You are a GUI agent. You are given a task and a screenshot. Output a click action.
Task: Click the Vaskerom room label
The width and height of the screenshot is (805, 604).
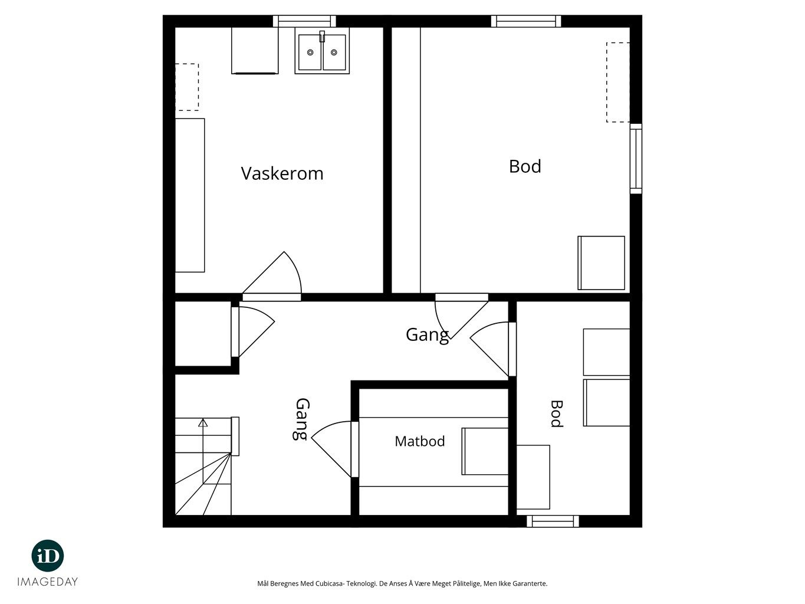282,173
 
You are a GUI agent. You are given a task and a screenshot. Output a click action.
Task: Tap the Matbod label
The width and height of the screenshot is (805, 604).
419,441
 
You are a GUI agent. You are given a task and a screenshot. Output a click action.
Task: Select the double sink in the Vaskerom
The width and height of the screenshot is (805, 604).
322,52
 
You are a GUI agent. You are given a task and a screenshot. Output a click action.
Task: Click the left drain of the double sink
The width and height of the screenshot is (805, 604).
310,52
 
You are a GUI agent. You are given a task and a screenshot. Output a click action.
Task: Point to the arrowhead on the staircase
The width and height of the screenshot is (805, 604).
203,422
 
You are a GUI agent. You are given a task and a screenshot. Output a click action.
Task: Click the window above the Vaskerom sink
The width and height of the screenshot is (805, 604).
304,21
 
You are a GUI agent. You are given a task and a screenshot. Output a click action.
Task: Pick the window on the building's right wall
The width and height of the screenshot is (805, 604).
636,159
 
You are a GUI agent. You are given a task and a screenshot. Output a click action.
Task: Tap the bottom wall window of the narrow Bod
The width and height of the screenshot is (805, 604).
553,521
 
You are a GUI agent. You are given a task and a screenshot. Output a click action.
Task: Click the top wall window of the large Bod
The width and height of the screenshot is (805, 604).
526,21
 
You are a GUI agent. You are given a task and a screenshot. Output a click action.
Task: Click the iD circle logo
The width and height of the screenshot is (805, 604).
48,556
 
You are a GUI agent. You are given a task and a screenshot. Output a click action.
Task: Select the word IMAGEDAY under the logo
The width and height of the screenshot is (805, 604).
48,582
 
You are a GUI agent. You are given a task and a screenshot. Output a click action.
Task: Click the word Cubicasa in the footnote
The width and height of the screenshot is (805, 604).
329,583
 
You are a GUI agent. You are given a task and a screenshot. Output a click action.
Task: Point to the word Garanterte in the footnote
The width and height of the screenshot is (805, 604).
531,583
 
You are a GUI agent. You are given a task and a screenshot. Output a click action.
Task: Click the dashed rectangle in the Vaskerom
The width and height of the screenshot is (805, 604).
187,87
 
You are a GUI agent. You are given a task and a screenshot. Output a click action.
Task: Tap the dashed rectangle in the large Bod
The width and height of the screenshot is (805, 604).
618,82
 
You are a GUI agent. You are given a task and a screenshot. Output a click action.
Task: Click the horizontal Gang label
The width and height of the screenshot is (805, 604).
427,335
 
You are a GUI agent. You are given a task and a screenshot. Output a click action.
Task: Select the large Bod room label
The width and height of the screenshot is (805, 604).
525,166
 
